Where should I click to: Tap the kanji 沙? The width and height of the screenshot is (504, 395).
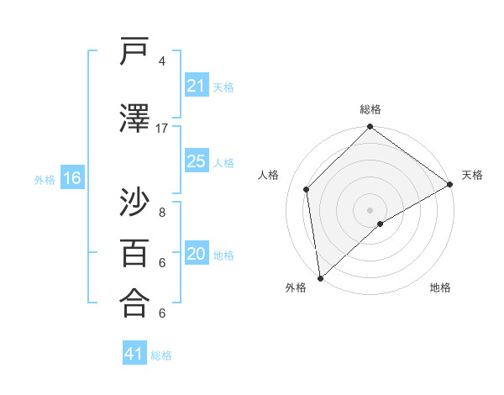point(135,202)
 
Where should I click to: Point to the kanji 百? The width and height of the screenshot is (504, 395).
point(135,252)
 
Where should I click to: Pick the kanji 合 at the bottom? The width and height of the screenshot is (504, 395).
point(135,303)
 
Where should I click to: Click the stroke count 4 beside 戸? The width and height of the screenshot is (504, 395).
point(161,61)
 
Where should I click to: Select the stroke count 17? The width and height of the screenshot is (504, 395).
point(162,129)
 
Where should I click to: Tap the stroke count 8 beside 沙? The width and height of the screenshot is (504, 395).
point(161,213)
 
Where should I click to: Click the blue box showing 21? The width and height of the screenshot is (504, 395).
point(197,86)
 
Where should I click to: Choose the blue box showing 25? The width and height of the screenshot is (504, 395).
point(197,161)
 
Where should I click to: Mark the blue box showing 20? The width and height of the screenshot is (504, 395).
point(197,254)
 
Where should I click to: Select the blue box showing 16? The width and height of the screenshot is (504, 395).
point(72,178)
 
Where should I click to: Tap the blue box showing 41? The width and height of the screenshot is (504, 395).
point(134,355)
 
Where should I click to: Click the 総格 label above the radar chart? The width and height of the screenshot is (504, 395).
point(370,109)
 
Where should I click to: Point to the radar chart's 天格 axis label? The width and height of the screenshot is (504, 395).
point(472,175)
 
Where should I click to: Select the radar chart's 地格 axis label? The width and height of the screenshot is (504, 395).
point(440,287)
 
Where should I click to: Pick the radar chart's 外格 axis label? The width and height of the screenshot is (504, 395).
point(296,287)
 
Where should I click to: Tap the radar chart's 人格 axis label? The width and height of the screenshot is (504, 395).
point(269,175)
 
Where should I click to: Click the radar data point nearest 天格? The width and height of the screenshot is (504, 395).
point(450,185)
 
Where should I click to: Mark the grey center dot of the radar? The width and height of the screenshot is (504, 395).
point(370,208)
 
